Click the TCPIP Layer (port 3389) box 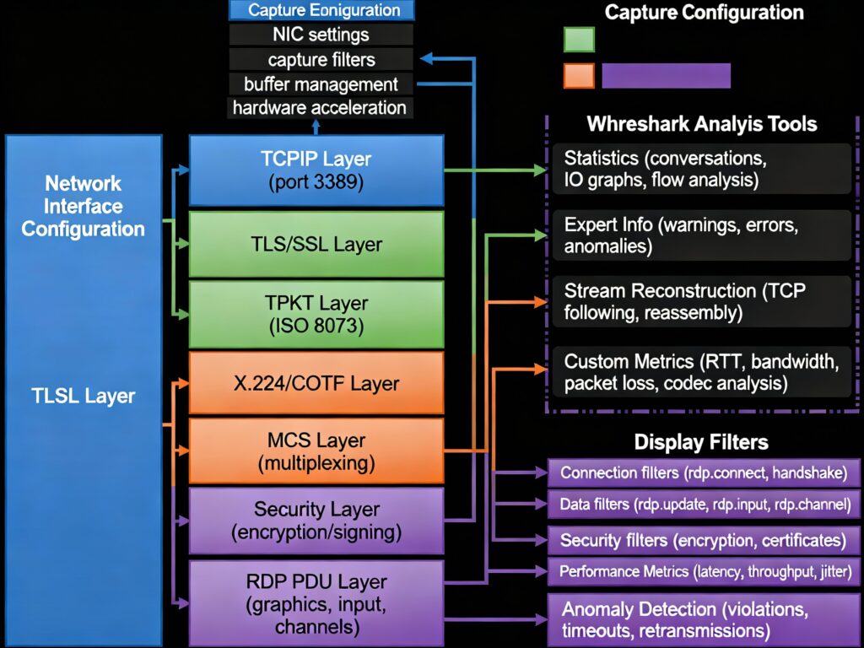pyautogui.click(x=316, y=170)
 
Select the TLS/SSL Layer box pyautogui.click(x=316, y=244)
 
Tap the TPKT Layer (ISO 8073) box pyautogui.click(x=316, y=314)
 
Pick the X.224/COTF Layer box pyautogui.click(x=316, y=383)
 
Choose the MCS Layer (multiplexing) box pyautogui.click(x=316, y=451)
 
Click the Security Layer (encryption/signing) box pyautogui.click(x=316, y=521)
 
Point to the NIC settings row pyautogui.click(x=321, y=35)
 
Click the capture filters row pyautogui.click(x=321, y=60)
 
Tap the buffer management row pyautogui.click(x=321, y=84)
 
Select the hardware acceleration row pyautogui.click(x=321, y=108)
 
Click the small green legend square pyautogui.click(x=579, y=40)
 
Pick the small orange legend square pyautogui.click(x=579, y=75)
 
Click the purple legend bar pyautogui.click(x=666, y=75)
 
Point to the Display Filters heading pyautogui.click(x=701, y=442)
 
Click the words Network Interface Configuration pyautogui.click(x=84, y=206)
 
